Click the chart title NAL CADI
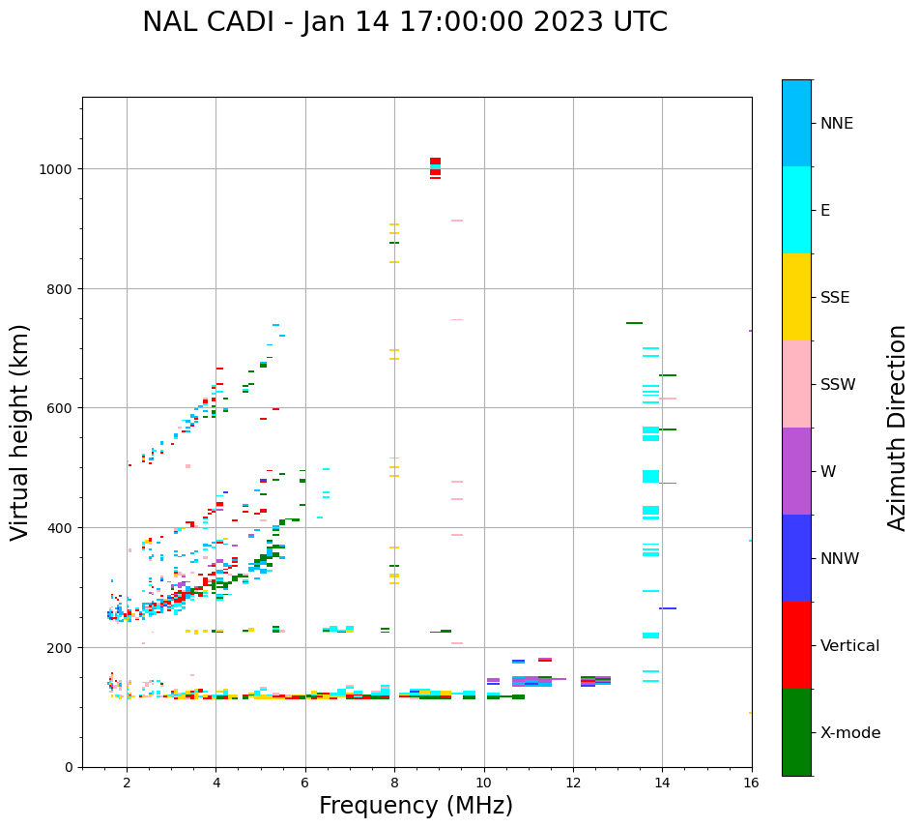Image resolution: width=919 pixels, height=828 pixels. [404, 22]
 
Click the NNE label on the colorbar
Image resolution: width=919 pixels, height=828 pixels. [837, 123]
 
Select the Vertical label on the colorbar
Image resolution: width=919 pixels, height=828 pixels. [849, 645]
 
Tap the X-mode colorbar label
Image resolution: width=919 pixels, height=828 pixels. [850, 732]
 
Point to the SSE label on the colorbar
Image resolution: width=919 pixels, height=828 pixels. [835, 297]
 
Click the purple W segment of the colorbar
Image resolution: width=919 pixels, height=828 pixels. [796, 471]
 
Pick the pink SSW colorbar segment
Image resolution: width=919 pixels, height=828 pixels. [796, 384]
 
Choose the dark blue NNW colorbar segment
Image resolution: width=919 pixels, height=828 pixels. [796, 558]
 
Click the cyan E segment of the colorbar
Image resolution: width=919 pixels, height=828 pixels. [796, 210]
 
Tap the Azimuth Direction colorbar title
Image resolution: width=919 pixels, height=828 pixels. [898, 428]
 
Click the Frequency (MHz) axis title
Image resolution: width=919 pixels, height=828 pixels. [416, 806]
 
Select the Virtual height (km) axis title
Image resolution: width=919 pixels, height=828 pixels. [20, 431]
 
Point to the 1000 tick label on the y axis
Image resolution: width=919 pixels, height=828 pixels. [56, 169]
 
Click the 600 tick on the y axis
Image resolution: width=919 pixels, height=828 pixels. [61, 408]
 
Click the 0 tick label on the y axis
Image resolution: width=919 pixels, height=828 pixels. [68, 767]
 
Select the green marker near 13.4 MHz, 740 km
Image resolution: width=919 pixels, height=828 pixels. [634, 323]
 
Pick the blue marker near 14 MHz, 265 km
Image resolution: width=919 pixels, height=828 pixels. [668, 608]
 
